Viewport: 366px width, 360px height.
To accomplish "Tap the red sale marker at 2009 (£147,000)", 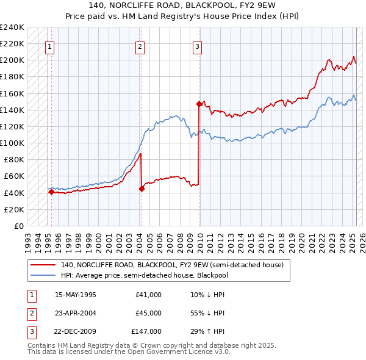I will coord(199,104).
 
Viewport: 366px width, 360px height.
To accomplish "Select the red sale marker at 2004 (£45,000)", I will coord(142,189).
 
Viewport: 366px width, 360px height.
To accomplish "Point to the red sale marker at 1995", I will coord(51,192).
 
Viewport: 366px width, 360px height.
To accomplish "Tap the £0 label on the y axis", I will coord(18,226).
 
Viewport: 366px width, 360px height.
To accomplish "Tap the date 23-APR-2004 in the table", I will coord(76,312).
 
